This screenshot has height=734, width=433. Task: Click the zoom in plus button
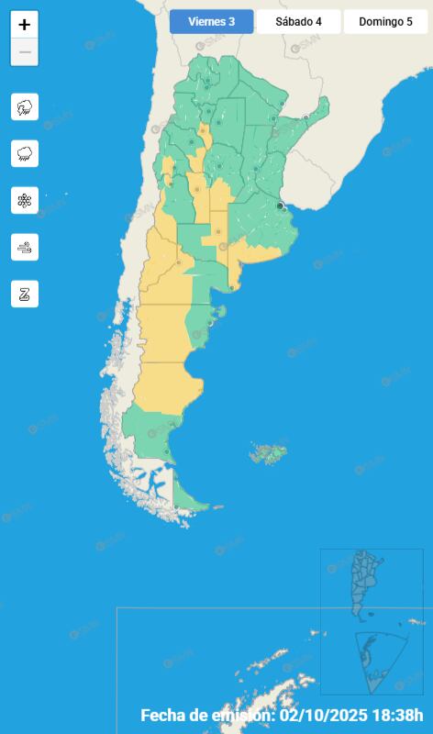[x=25, y=25]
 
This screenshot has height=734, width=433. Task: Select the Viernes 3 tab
[x=211, y=22]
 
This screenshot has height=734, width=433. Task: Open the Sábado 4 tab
[x=298, y=22]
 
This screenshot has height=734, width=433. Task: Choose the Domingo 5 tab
[x=385, y=22]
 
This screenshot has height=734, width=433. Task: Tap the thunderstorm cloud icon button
[x=25, y=106]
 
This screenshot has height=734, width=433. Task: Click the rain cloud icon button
[x=25, y=153]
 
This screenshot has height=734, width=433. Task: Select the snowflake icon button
[x=25, y=200]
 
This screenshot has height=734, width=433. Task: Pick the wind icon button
[x=25, y=247]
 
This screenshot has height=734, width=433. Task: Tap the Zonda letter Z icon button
[x=25, y=294]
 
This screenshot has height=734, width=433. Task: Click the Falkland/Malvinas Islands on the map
[x=270, y=452]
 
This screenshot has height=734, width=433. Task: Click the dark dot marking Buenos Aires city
[x=280, y=206]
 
